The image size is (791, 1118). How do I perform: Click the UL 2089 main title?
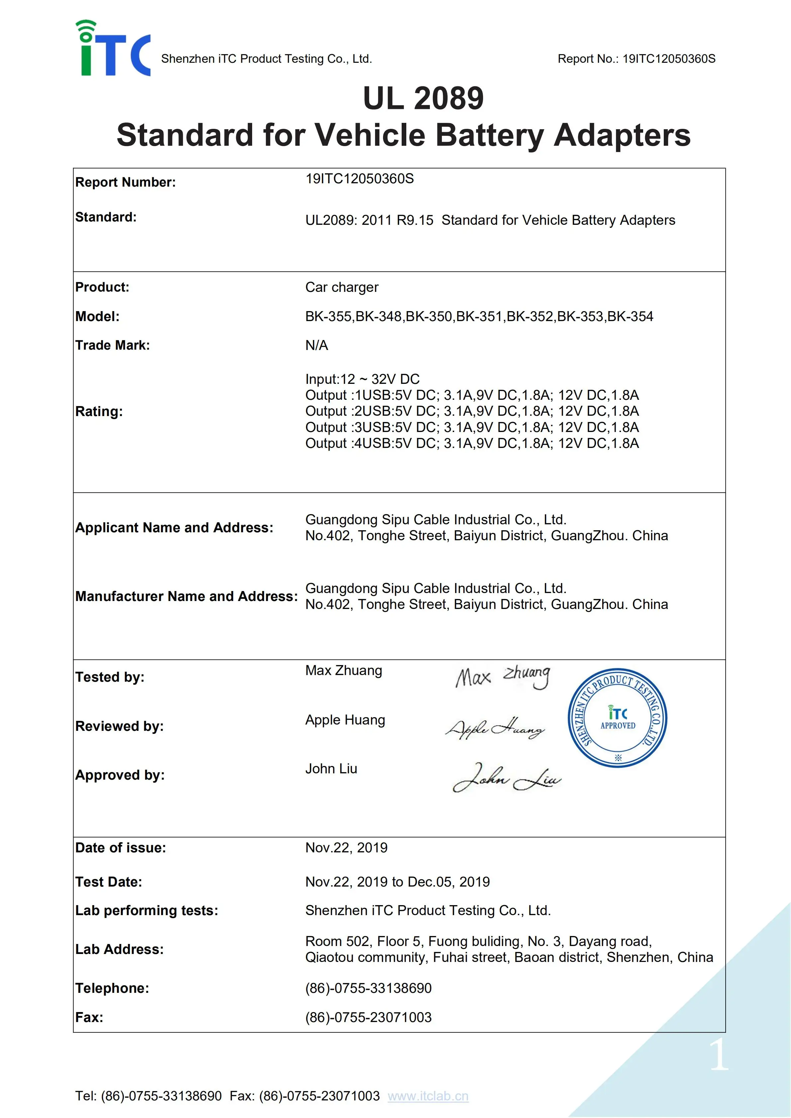423,98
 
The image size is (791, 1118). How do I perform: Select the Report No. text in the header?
636,59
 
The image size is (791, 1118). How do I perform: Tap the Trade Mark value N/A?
317,345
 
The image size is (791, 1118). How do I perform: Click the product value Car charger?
342,287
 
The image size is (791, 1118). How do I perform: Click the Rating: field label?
99,411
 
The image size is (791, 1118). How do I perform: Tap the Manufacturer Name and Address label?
186,596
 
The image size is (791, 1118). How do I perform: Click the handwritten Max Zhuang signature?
503,676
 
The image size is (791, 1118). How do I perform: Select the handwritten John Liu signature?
507,778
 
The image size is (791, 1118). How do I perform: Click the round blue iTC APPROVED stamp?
617,718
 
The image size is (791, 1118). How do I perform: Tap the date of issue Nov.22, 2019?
346,848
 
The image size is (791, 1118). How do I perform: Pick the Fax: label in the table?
89,1017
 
